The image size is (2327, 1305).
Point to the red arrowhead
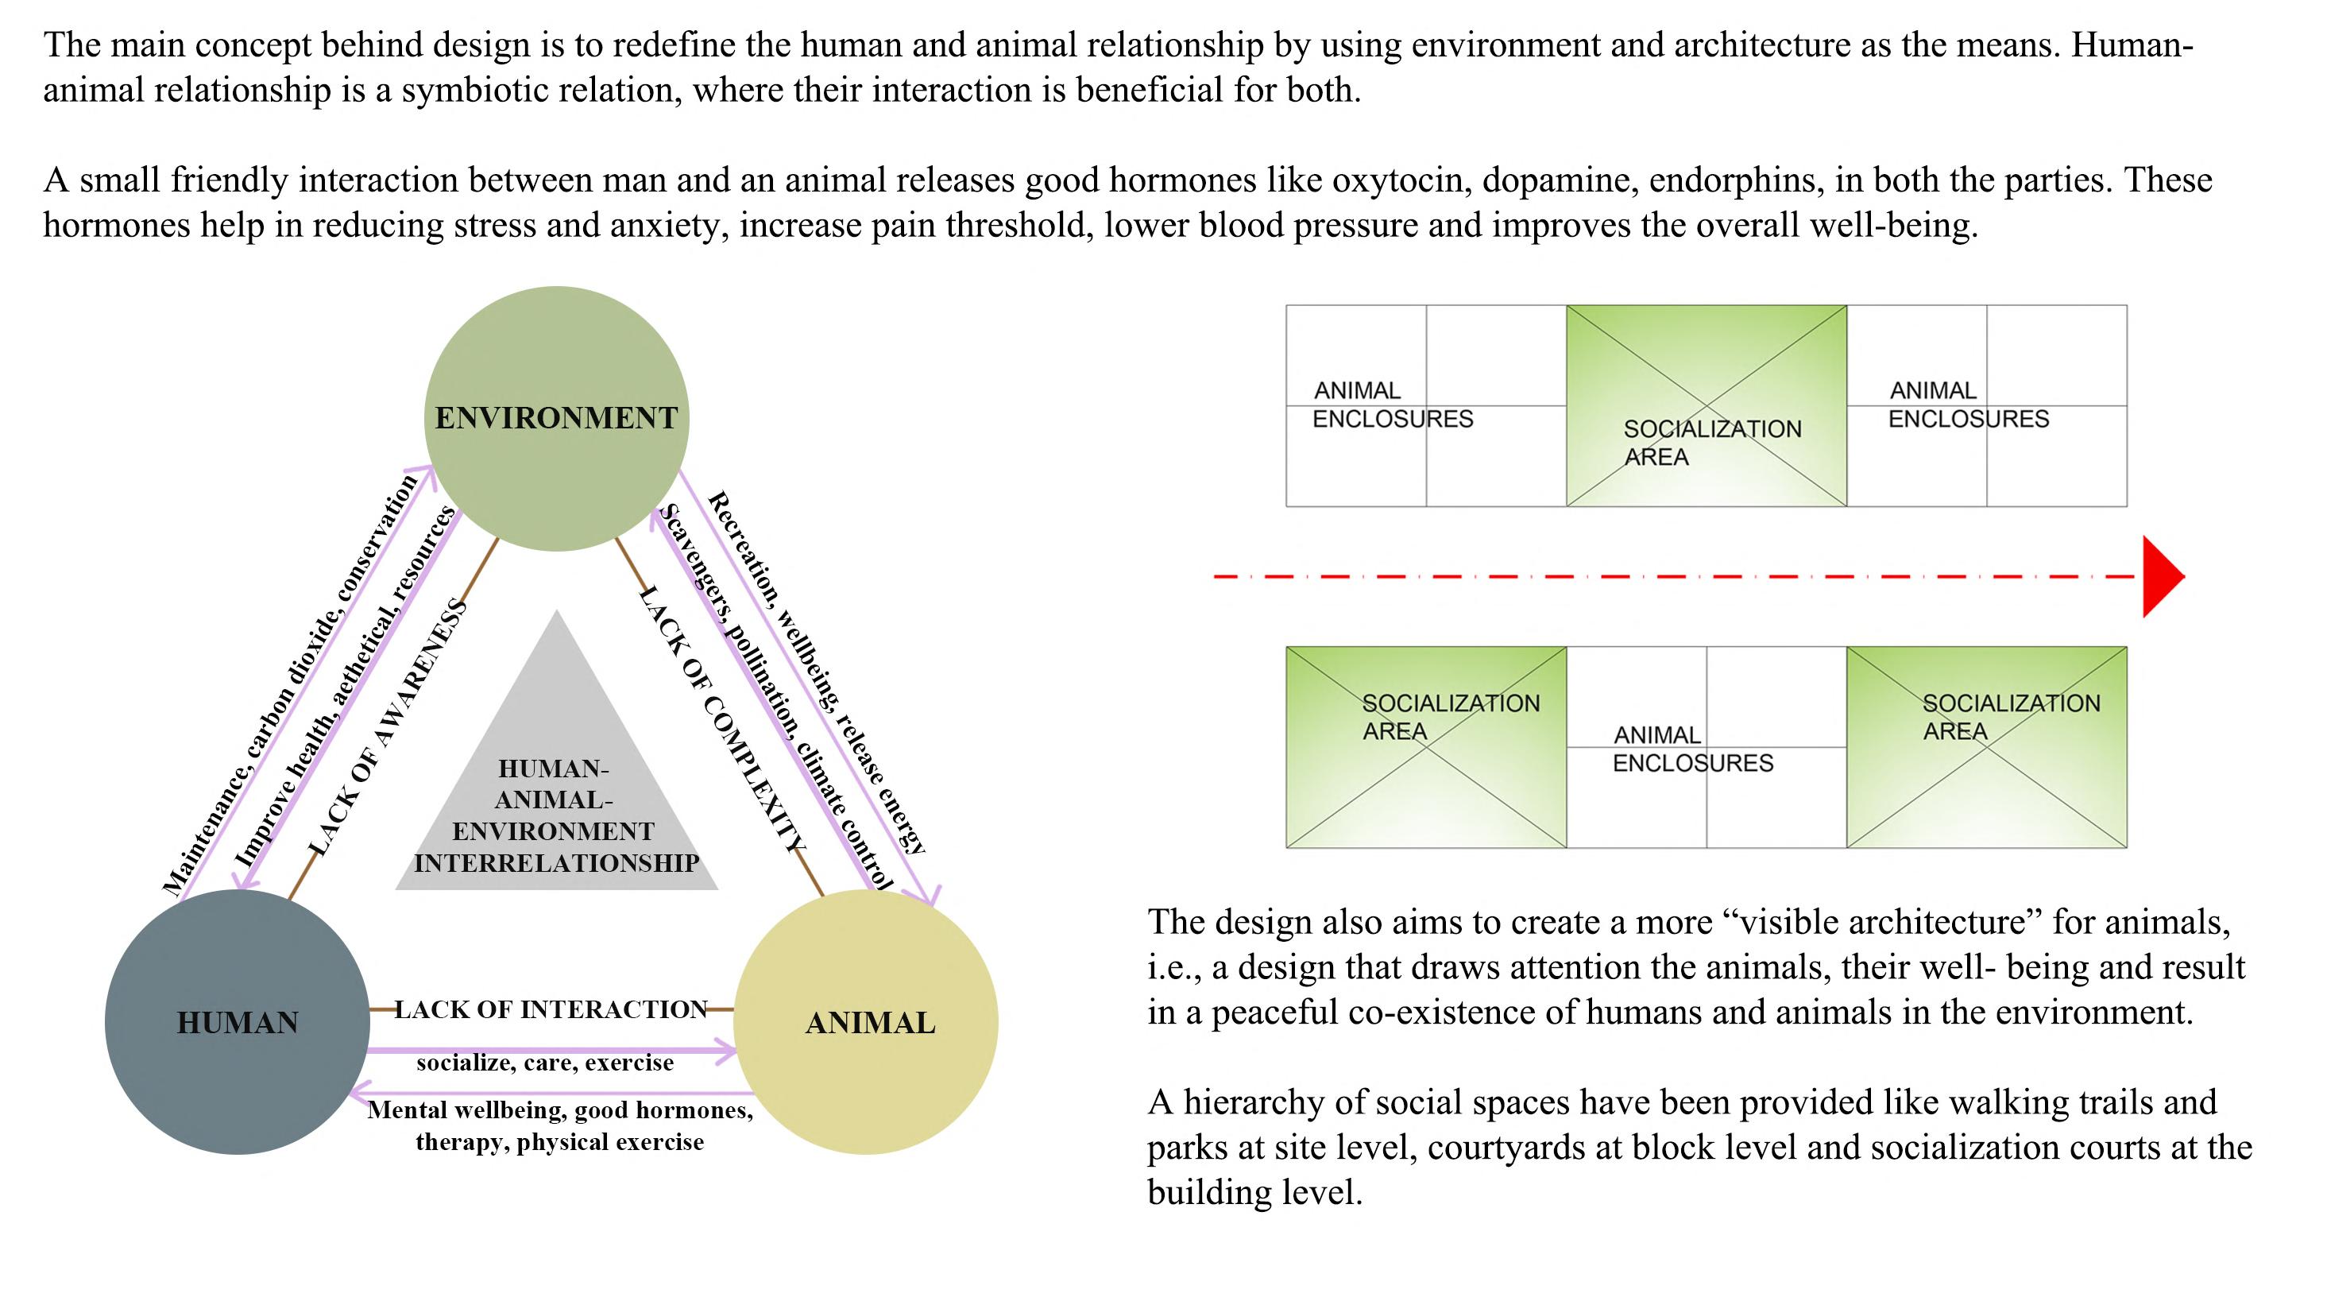pos(2161,575)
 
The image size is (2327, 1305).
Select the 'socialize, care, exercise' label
pos(545,1063)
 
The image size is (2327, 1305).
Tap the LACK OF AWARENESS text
pos(388,727)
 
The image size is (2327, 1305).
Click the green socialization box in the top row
pos(1706,406)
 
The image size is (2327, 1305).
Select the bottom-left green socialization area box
pos(1425,747)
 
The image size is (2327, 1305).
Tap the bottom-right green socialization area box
pos(1985,747)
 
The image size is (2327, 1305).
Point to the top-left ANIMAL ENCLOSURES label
pos(1392,405)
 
